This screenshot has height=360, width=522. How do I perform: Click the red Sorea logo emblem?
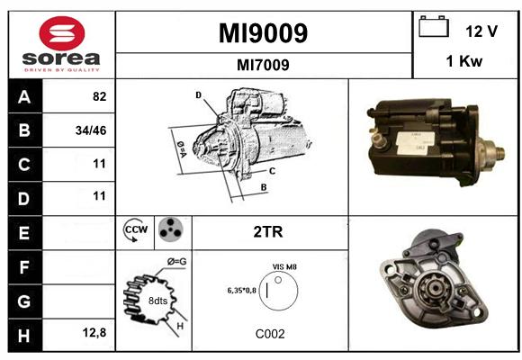pos(62,33)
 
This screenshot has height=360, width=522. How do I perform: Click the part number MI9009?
pos(263,33)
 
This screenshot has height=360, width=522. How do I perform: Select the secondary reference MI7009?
pos(263,65)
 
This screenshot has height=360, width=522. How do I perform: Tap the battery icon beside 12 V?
pos(434,26)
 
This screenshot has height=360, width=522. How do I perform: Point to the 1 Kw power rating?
pos(464,61)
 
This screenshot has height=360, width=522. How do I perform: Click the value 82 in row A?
pos(99,96)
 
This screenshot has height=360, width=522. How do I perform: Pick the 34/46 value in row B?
pos(91,130)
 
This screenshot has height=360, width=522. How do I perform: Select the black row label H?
pos(24,335)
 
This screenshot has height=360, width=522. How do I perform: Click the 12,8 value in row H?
pos(94,332)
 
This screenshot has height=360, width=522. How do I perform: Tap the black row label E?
pos(24,233)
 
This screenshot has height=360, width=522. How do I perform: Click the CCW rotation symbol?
pos(135,229)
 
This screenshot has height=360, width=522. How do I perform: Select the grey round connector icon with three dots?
pos(170,229)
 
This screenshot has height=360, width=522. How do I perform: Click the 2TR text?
pos(268,232)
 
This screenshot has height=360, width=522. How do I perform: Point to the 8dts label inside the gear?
pos(157,301)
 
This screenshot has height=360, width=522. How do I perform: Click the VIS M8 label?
pos(284,266)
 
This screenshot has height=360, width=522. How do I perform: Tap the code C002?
pos(270,334)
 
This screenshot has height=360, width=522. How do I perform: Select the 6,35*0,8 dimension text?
pos(242,291)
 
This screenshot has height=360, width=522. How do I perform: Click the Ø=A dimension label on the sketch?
pos(182,149)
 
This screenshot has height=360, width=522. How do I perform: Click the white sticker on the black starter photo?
pos(416,143)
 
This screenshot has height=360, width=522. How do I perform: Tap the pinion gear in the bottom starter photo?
pos(432,289)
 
